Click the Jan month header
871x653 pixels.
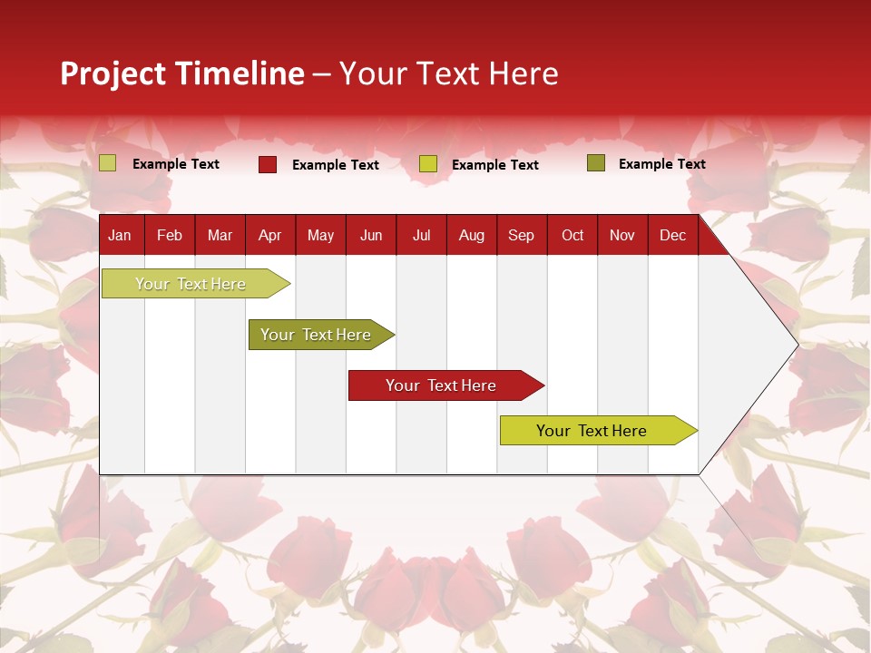click(120, 235)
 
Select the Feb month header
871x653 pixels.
click(170, 235)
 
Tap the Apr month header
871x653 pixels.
click(269, 235)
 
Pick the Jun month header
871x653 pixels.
click(371, 235)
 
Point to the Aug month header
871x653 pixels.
click(471, 235)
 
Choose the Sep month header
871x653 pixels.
click(521, 235)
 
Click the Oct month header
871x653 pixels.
click(573, 235)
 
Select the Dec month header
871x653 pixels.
click(672, 235)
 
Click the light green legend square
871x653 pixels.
click(108, 163)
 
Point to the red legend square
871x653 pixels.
click(268, 164)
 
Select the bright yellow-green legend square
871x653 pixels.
click(428, 164)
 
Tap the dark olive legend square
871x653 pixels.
click(596, 163)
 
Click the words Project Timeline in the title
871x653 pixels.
click(182, 73)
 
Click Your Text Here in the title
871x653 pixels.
click(448, 73)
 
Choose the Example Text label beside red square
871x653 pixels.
click(335, 165)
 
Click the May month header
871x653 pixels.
click(320, 235)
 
